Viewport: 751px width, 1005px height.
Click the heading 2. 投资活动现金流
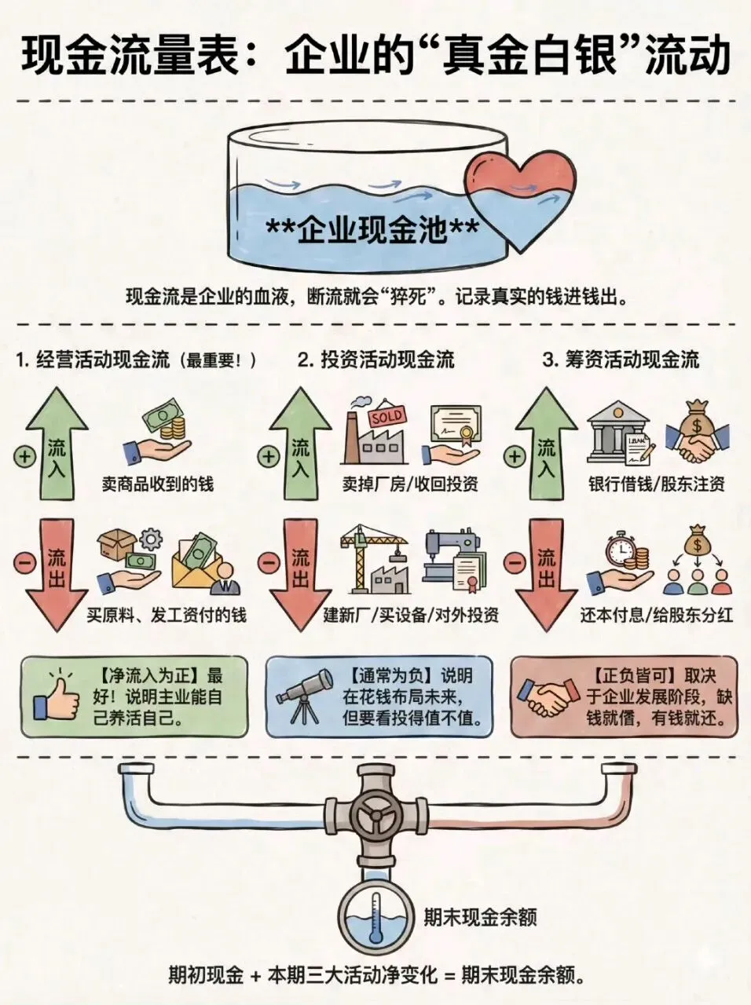tap(376, 360)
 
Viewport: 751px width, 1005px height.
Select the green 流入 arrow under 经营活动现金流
tap(58, 444)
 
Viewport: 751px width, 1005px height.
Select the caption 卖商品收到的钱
tap(157, 484)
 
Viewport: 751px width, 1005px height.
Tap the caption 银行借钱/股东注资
tap(657, 484)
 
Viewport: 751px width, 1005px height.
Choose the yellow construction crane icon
tap(370, 562)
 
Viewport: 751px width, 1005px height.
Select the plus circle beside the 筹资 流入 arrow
tap(515, 456)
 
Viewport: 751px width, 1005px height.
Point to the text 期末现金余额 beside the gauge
tap(480, 916)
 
